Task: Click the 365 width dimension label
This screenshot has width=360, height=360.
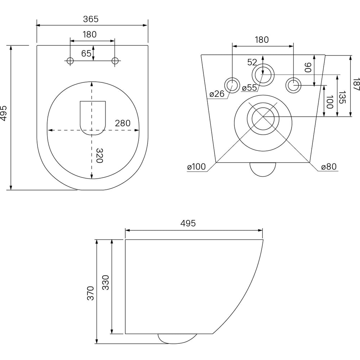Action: click(91, 19)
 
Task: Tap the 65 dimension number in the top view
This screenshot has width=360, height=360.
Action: click(86, 54)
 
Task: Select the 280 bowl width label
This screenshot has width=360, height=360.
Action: click(123, 123)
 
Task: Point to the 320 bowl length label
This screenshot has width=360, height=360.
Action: click(99, 156)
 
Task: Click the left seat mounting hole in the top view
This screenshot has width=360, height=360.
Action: click(70, 61)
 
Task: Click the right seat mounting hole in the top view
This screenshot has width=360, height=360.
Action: click(115, 61)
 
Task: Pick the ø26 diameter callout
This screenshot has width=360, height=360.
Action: click(217, 94)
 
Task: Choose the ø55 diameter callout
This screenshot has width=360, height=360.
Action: click(249, 87)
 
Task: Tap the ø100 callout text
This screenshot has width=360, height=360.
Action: click(197, 167)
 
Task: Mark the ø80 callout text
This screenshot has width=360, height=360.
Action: click(329, 167)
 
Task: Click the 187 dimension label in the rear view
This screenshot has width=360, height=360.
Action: click(356, 84)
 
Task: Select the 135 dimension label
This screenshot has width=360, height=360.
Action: click(342, 97)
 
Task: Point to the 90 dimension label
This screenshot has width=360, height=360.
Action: click(308, 67)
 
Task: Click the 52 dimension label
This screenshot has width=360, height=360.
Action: click(252, 62)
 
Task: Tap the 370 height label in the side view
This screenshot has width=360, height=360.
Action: click(90, 293)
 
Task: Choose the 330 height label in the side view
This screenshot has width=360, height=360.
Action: click(105, 282)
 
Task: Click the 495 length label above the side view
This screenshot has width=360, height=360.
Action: click(188, 223)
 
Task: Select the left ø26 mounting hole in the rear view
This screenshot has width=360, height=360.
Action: click(232, 85)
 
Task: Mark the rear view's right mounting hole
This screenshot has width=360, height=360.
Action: click(293, 85)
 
